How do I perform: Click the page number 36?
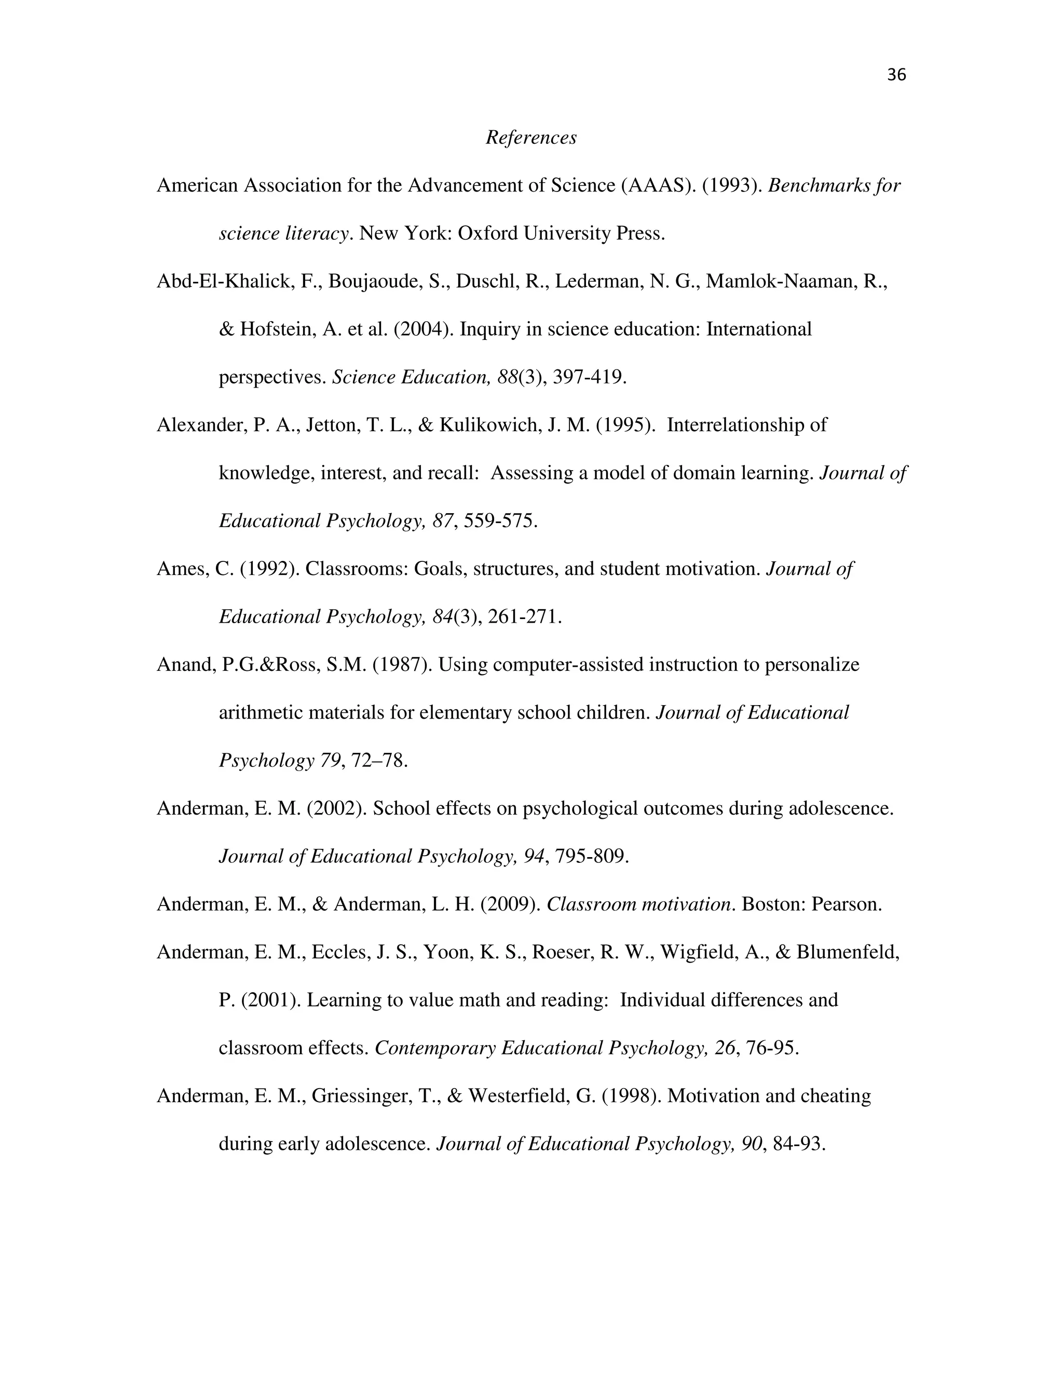895,75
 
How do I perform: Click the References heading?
531,137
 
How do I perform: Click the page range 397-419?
589,377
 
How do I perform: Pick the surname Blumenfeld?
848,952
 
